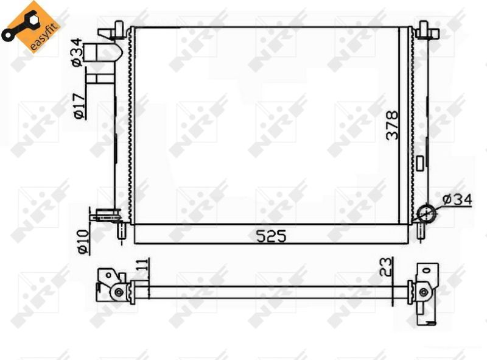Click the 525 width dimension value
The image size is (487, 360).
tap(271, 236)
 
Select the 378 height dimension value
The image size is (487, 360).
tap(391, 125)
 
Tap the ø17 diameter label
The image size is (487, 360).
tap(79, 106)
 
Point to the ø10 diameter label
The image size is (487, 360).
tap(83, 242)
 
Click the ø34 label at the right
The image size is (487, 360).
tap(457, 199)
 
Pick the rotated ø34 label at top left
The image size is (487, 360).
tap(77, 52)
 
